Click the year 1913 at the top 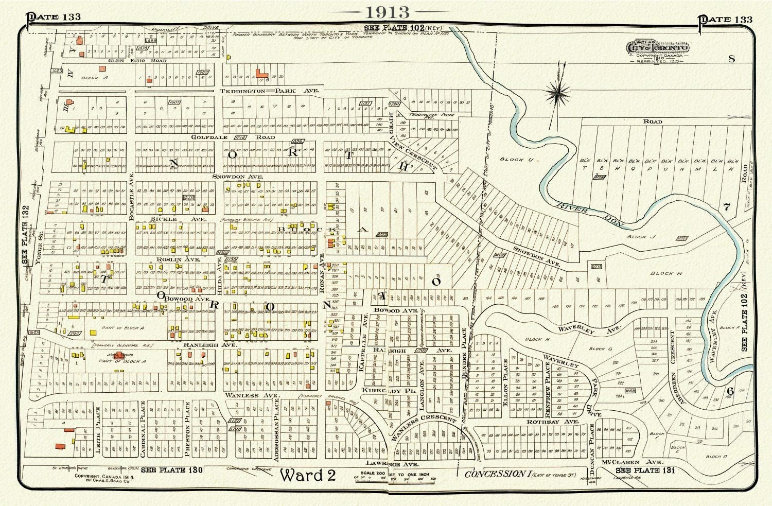click(388, 12)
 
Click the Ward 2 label click(308, 475)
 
